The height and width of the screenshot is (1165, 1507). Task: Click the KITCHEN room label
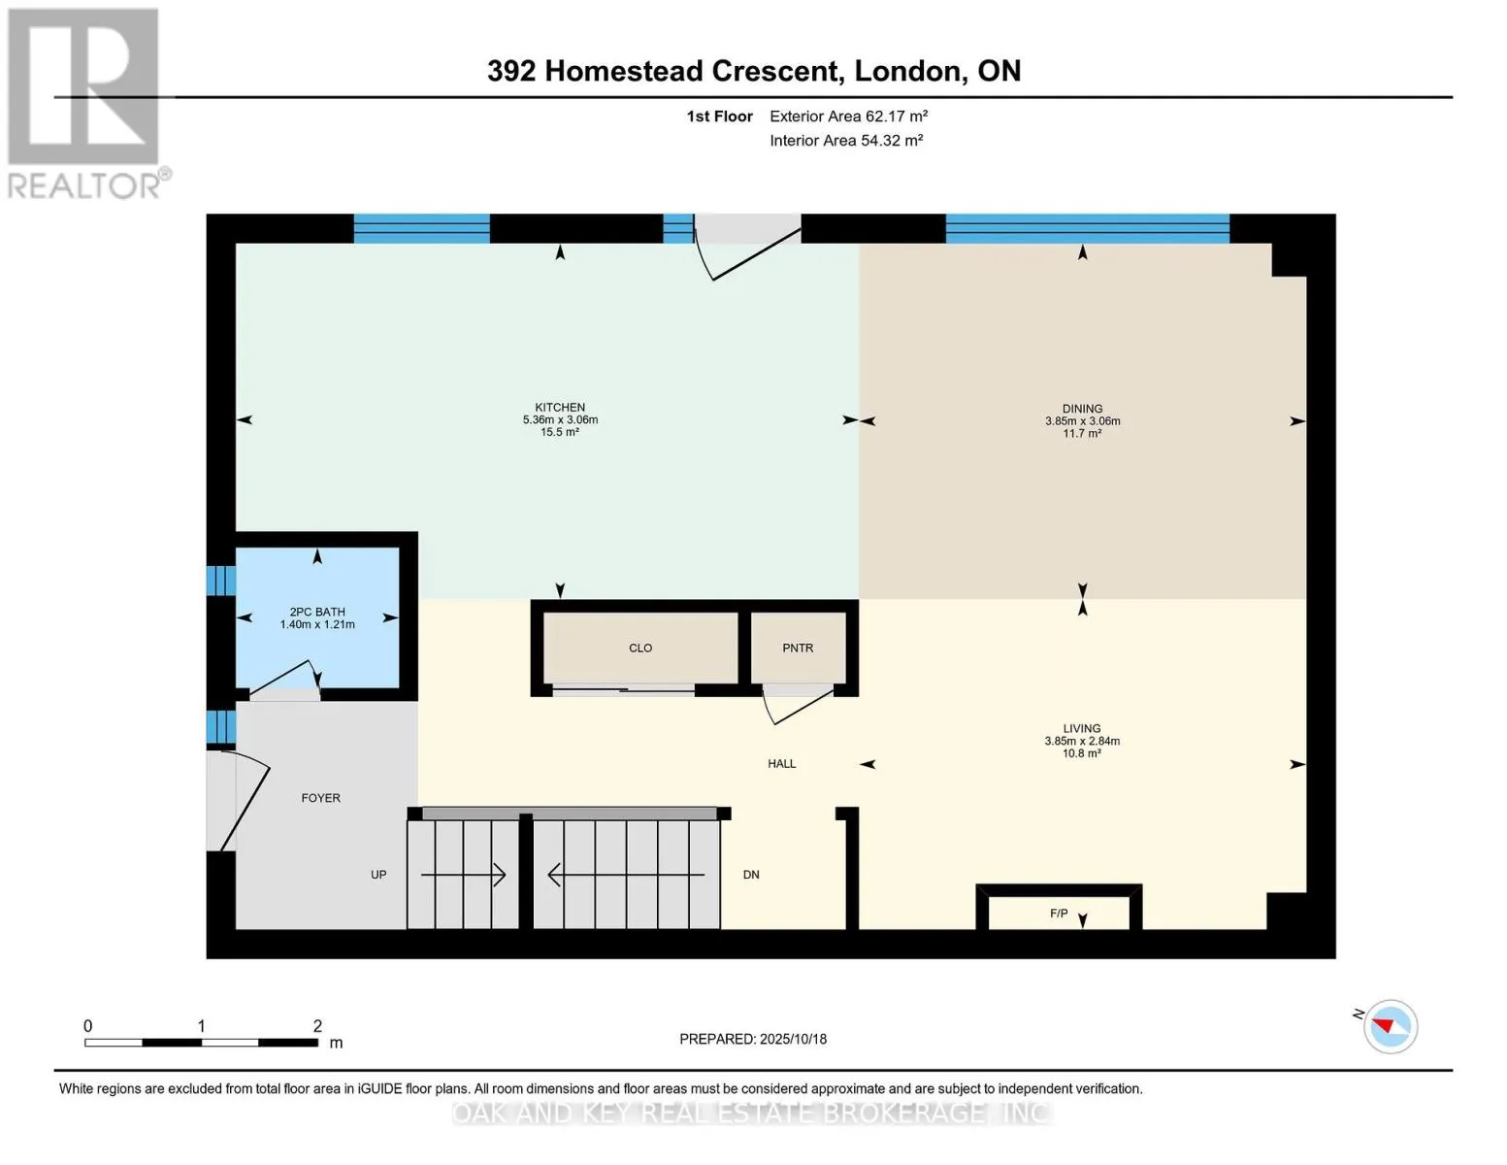coord(560,408)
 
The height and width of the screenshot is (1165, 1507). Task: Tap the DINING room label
coord(1082,409)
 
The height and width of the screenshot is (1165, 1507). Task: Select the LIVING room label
coord(1081,728)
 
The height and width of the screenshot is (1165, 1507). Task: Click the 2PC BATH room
coord(317,617)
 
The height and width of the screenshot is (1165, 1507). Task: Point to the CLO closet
coord(640,648)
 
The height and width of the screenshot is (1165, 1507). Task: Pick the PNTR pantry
coord(798,648)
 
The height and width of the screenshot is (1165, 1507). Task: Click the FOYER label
coord(320,798)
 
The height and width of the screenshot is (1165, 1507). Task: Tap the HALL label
coord(781,764)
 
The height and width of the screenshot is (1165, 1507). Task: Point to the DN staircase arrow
coord(626,875)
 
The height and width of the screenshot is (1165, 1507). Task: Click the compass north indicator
coord(1390,1026)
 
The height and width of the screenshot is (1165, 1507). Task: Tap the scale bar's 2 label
coord(317,1026)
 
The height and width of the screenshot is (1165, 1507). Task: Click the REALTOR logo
coord(85,102)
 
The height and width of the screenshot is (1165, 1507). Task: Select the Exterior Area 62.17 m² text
coord(848,116)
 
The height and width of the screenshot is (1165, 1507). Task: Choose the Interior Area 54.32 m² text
coord(845,141)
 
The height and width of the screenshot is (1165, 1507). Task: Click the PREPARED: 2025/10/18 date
coord(753,1039)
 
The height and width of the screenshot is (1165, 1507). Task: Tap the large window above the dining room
coord(1087,228)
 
